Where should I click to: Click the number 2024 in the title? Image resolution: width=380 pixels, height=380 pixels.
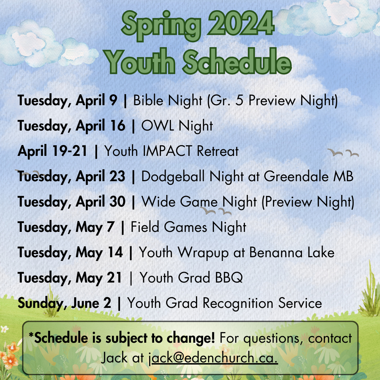click(x=241, y=24)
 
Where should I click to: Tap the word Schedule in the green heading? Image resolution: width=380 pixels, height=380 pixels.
click(x=237, y=62)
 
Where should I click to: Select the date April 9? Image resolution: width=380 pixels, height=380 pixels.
click(x=96, y=101)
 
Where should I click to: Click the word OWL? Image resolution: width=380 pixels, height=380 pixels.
click(x=158, y=126)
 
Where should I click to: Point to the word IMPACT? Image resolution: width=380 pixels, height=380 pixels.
click(x=167, y=151)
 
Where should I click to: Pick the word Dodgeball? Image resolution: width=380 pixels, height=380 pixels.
click(x=173, y=177)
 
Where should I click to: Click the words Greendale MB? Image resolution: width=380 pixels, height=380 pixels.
click(x=309, y=176)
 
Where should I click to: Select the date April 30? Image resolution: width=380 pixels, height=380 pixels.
click(x=101, y=202)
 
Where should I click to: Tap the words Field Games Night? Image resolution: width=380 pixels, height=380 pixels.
click(x=188, y=227)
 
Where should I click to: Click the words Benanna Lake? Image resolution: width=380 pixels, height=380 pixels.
click(x=292, y=252)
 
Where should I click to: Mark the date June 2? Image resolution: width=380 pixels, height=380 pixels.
click(x=91, y=303)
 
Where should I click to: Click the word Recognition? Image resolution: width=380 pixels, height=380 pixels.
click(x=238, y=303)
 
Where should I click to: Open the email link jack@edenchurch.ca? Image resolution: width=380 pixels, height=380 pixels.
click(x=213, y=358)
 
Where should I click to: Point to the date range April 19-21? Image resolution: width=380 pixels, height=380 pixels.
click(x=52, y=151)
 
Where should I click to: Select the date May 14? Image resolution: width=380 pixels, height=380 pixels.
click(x=99, y=253)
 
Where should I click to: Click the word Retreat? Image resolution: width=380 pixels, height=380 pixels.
click(x=218, y=151)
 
